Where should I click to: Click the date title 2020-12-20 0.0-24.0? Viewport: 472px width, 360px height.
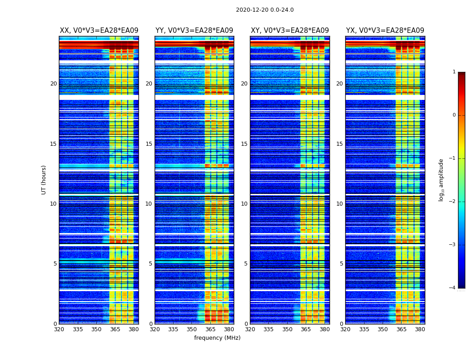tap(265, 10)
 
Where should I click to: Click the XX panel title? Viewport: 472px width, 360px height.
tap(99, 31)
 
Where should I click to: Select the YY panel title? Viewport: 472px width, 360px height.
tap(194, 31)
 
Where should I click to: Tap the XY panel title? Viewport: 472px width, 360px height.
tap(290, 31)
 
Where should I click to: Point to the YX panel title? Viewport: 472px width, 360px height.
tap(385, 31)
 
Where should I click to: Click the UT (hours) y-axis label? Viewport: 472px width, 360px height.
tap(44, 180)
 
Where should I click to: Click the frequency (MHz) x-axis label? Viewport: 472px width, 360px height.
tap(217, 338)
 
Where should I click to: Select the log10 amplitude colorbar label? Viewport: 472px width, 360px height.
tap(441, 180)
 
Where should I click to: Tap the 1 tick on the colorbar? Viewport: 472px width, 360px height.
tap(454, 72)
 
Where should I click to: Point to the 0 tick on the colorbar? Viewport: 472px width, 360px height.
tap(454, 115)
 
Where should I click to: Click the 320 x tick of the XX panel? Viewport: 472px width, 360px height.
tap(59, 329)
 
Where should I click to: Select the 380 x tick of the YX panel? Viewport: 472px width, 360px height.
tap(420, 329)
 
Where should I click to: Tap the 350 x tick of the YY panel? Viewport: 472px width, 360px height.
tap(192, 329)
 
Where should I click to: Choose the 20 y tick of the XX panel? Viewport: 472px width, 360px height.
tap(53, 84)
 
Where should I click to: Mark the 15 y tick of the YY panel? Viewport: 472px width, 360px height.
tap(149, 144)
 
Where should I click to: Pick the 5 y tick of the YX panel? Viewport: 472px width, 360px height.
tap(341, 264)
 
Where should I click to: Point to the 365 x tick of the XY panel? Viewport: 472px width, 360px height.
tap(306, 329)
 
